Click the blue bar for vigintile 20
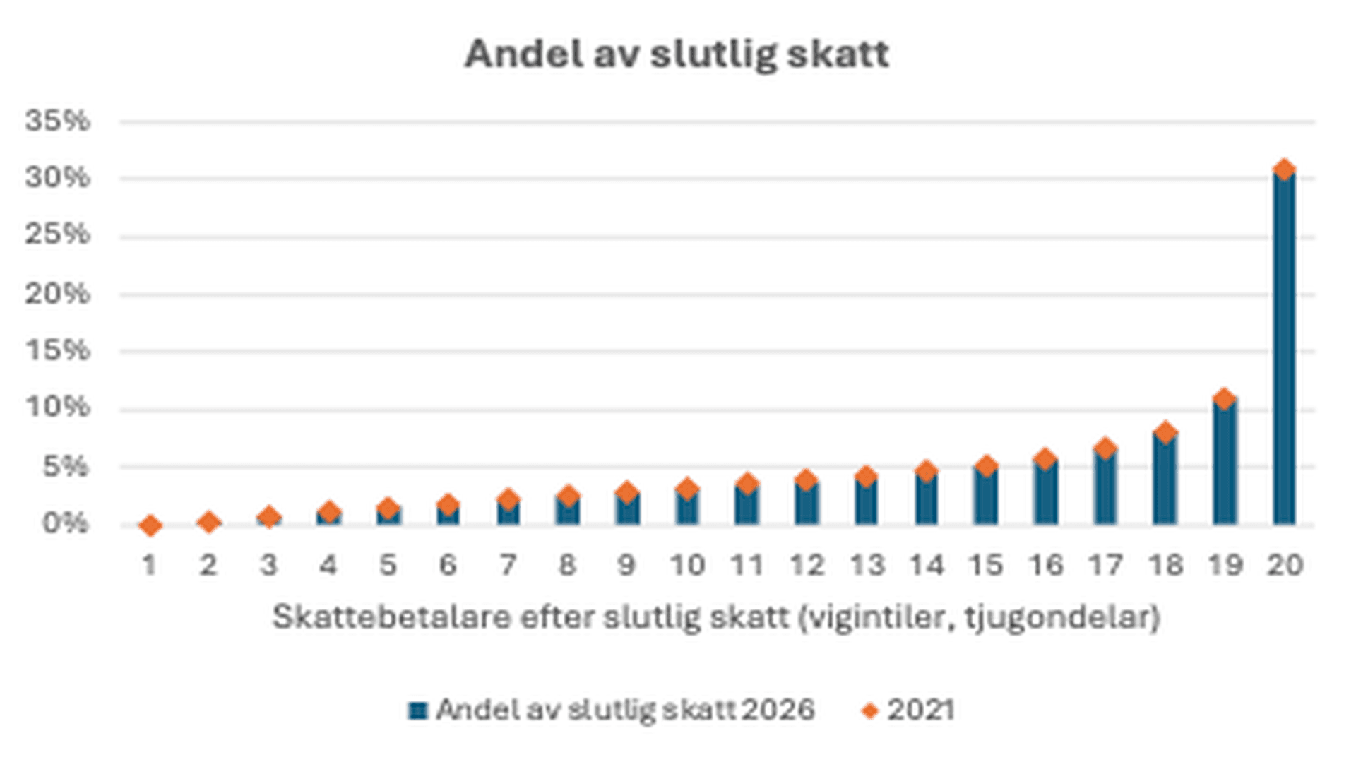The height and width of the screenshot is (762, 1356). click(x=1284, y=353)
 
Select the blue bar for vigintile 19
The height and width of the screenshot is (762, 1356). click(x=1225, y=466)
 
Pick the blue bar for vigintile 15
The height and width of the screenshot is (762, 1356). click(x=985, y=498)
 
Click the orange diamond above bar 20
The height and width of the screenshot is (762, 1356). click(x=1284, y=169)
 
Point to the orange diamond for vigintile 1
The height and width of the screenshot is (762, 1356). click(x=150, y=525)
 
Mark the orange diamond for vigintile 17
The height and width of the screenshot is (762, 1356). click(x=1105, y=448)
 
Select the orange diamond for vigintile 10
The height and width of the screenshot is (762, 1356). click(x=686, y=489)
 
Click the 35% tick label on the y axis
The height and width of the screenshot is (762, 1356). click(x=58, y=121)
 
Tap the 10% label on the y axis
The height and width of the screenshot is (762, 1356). click(x=58, y=407)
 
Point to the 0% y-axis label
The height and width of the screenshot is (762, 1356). click(x=65, y=523)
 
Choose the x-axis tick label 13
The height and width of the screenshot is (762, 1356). click(x=867, y=565)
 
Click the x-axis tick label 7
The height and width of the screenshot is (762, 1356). click(x=508, y=565)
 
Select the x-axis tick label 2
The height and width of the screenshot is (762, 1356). click(x=208, y=565)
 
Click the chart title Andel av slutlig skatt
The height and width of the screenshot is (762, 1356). click(x=677, y=54)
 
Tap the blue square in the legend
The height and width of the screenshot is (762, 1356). click(x=418, y=710)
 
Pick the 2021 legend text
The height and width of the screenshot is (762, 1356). click(x=920, y=710)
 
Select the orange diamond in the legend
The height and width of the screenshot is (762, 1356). click(x=870, y=710)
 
